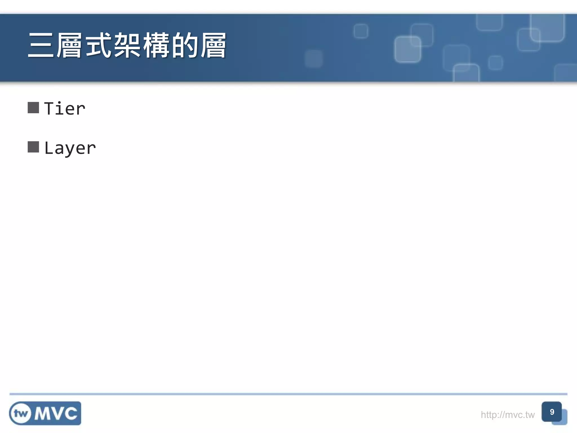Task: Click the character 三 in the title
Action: [x=41, y=46]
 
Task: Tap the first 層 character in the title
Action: [x=70, y=46]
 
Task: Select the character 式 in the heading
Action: [x=99, y=46]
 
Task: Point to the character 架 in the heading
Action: [x=127, y=46]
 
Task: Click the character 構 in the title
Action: [x=156, y=46]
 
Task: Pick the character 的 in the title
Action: [x=185, y=46]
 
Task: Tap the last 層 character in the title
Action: [x=214, y=46]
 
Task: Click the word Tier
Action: [x=65, y=109]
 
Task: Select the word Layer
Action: [x=70, y=148]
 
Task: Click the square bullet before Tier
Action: [x=33, y=108]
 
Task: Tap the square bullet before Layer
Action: [x=33, y=147]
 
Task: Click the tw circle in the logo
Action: [x=21, y=413]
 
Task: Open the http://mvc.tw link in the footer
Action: [x=507, y=415]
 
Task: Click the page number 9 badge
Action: [x=552, y=412]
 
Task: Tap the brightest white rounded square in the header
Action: [x=407, y=49]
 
